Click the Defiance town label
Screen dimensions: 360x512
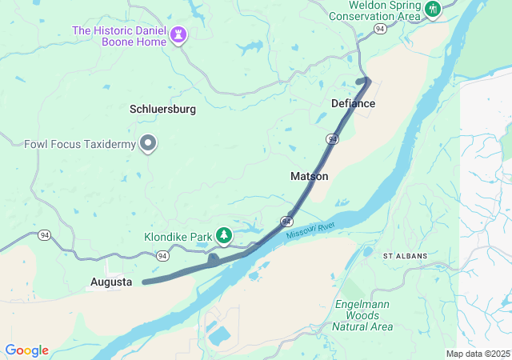click(x=353, y=104)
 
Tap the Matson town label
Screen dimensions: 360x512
click(x=309, y=176)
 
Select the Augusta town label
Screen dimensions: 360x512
click(x=111, y=282)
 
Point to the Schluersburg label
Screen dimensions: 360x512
click(x=162, y=109)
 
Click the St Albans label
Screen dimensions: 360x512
click(x=406, y=256)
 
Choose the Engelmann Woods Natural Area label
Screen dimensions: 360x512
click(x=362, y=315)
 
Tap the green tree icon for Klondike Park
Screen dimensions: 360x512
click(x=226, y=235)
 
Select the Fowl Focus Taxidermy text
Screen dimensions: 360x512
click(x=78, y=145)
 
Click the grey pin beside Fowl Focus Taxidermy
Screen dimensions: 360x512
click(x=148, y=143)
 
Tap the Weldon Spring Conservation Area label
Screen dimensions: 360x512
click(x=374, y=10)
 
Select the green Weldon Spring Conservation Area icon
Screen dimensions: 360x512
click(x=433, y=10)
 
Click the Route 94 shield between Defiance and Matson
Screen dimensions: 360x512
click(x=331, y=139)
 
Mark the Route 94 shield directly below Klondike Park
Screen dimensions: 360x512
click(x=162, y=256)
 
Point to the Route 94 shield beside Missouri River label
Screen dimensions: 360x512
click(x=286, y=219)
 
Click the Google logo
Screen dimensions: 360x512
click(x=26, y=350)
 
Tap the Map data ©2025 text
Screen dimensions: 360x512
click(x=478, y=354)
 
